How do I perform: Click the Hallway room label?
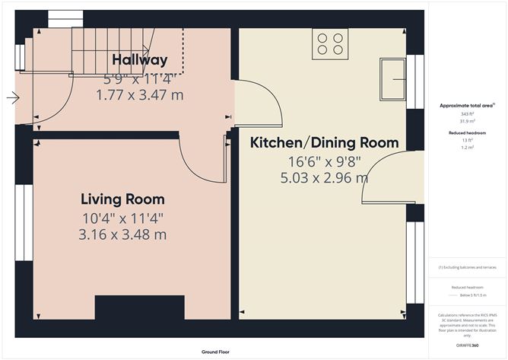[140, 59]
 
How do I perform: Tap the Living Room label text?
[122, 199]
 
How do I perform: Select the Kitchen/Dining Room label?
[325, 142]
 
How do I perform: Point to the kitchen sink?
[395, 78]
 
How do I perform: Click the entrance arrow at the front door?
[11, 97]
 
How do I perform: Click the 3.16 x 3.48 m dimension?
[122, 234]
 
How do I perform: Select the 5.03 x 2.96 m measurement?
[325, 178]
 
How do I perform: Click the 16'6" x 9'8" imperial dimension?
[325, 161]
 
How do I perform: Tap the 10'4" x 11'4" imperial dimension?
[122, 218]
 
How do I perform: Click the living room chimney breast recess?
[139, 307]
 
